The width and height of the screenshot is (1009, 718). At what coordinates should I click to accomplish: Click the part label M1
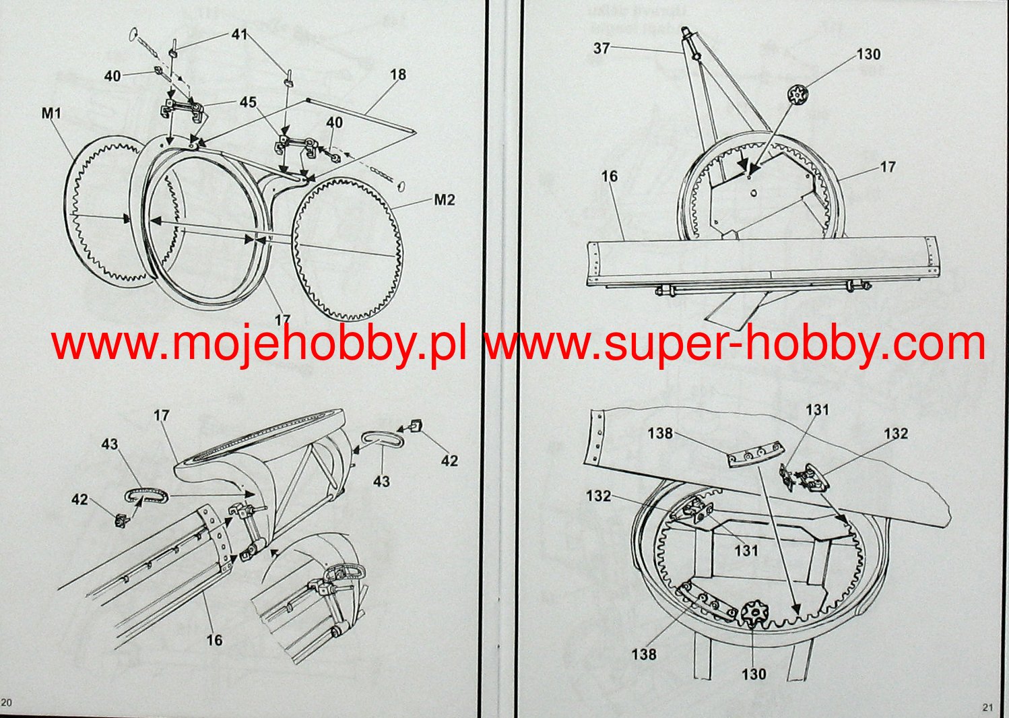pyautogui.click(x=52, y=112)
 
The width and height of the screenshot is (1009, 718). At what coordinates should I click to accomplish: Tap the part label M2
pyautogui.click(x=444, y=199)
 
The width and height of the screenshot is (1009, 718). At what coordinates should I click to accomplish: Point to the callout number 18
pyautogui.click(x=398, y=74)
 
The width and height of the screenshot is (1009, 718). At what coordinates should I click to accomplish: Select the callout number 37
pyautogui.click(x=601, y=48)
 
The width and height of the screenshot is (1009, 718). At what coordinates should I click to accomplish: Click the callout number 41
pyautogui.click(x=239, y=34)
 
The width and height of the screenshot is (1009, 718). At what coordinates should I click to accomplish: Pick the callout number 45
pyautogui.click(x=248, y=102)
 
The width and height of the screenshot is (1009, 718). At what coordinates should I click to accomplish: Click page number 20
pyautogui.click(x=6, y=703)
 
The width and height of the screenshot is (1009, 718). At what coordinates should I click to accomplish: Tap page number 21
pyautogui.click(x=987, y=707)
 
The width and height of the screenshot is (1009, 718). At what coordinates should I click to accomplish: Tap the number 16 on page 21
pyautogui.click(x=609, y=176)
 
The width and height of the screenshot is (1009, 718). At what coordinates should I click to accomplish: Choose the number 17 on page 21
pyautogui.click(x=888, y=166)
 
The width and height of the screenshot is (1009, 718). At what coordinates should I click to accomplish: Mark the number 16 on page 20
pyautogui.click(x=214, y=639)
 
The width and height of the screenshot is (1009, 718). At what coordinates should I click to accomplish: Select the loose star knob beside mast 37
pyautogui.click(x=797, y=95)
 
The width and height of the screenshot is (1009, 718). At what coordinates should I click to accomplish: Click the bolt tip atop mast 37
pyautogui.click(x=685, y=30)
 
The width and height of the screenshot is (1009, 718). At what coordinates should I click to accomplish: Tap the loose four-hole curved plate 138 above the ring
pyautogui.click(x=755, y=455)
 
